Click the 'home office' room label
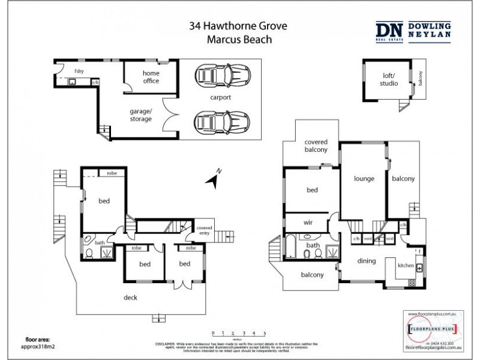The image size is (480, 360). pos(151,77)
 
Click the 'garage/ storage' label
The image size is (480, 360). pos(141,115)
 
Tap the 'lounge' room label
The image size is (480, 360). pos(364,179)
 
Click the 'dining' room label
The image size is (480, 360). pos(367,260)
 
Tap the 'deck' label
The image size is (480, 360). pos(131,296)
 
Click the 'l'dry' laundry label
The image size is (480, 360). pos(77,71)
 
